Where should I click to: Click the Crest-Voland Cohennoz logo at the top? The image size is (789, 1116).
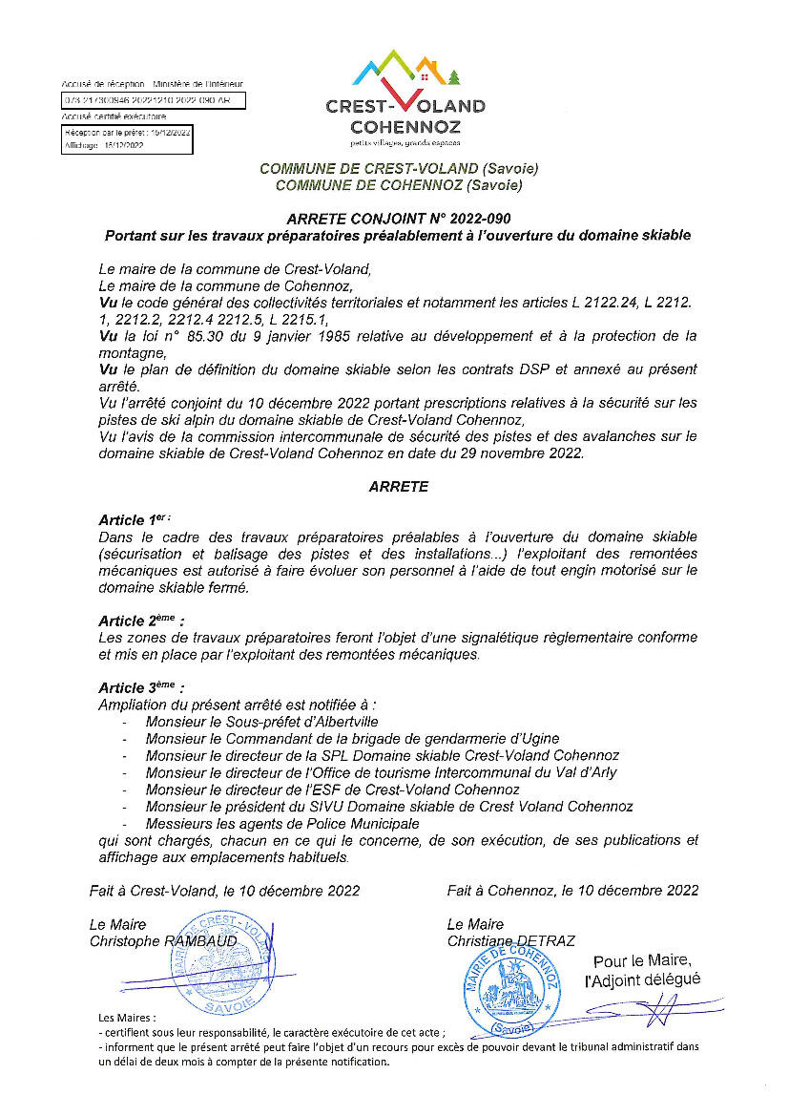405,99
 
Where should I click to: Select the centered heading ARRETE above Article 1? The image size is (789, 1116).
398,486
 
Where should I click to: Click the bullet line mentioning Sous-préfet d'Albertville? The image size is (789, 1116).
261,722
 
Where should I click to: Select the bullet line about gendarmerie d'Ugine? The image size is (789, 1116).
352,738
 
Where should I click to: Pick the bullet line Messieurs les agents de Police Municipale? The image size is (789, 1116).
281,823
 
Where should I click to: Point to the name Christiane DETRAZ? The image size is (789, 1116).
510,941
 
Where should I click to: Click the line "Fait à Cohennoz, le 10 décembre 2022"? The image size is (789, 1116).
571,891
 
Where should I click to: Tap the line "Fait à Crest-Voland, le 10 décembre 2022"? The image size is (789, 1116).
224,891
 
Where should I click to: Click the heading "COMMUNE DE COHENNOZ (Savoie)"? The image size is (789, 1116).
398,185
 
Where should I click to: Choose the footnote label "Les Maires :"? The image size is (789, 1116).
127,1018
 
